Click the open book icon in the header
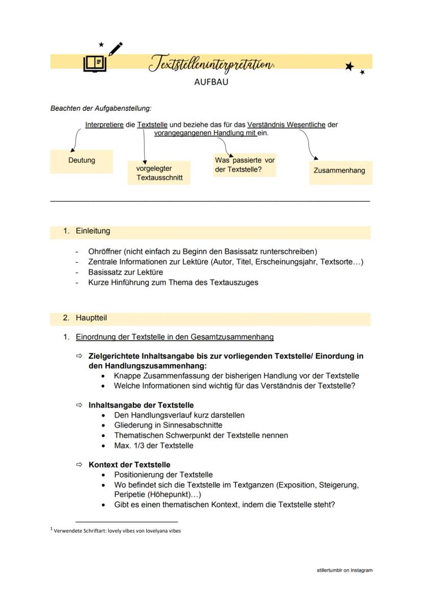coord(95,64)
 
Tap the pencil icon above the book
coord(115,49)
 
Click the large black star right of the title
coord(349,66)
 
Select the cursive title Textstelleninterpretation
coord(210,64)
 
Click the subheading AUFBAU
coord(211,82)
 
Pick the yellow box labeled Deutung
coord(81,161)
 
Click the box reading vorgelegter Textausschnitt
coord(159,173)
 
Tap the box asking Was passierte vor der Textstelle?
coord(244,165)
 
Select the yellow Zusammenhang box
coord(340,171)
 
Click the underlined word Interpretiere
coord(104,125)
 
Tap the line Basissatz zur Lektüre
coord(125,272)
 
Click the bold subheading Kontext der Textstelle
coord(129,465)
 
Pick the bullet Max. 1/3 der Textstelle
coord(153,445)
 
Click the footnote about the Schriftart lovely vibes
coord(116,531)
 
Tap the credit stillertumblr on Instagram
coord(344,570)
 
